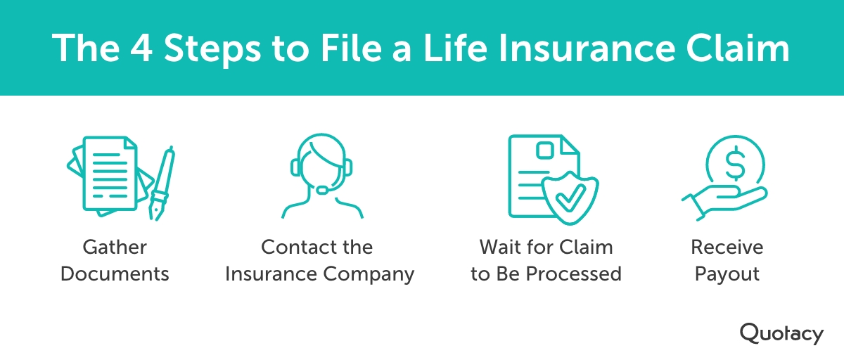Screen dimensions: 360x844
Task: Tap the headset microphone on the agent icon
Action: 323,188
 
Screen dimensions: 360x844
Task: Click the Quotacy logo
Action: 781,333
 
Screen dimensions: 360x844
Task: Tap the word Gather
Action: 115,247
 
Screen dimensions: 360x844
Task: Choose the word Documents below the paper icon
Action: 115,274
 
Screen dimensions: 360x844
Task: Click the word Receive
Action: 727,247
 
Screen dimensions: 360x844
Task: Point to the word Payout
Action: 727,274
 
